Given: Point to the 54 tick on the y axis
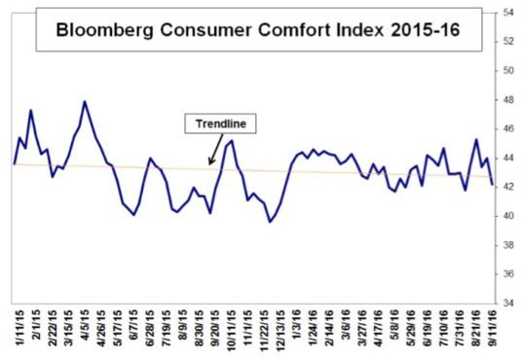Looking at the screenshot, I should click(x=508, y=13).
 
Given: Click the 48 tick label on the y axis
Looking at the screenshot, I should click(x=508, y=99).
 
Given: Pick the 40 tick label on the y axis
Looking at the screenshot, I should click(x=508, y=216).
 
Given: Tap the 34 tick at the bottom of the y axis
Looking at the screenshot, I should click(x=508, y=303).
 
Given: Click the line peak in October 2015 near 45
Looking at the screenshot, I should click(x=230, y=141).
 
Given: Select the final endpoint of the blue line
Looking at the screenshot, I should click(x=491, y=181).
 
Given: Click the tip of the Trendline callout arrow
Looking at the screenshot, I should click(x=207, y=164).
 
